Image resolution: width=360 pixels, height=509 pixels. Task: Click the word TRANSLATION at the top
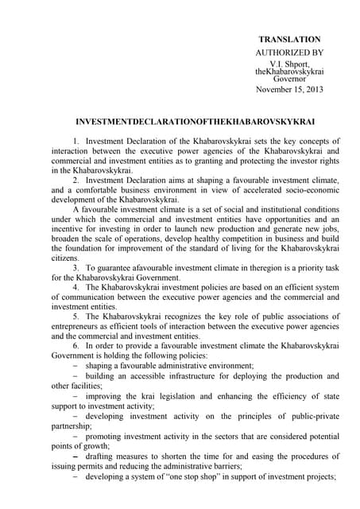click(x=289, y=39)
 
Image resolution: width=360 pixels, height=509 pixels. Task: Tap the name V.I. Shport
click(x=289, y=63)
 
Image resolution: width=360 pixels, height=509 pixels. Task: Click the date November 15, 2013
click(x=289, y=89)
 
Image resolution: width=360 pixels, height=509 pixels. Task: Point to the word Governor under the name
click(x=289, y=80)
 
